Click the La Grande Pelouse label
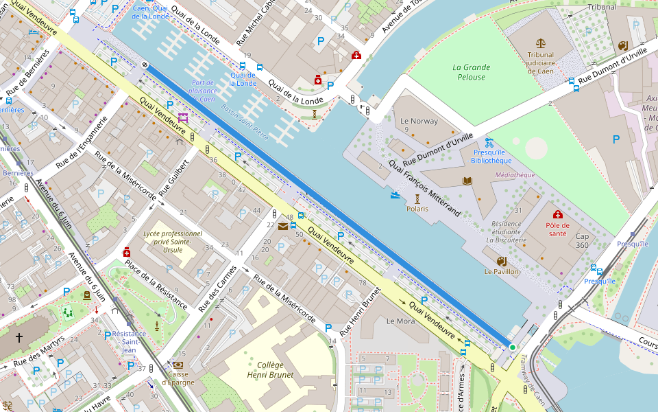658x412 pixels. click(472, 72)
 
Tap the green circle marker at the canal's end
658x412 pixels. click(512, 347)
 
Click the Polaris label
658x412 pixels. click(417, 209)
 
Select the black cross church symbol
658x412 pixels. click(19, 338)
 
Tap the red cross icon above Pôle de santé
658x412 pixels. click(557, 214)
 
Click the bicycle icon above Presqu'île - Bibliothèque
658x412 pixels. click(489, 143)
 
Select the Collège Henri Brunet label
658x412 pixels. click(270, 370)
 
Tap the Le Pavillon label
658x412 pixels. click(502, 272)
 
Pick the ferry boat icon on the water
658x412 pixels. click(395, 195)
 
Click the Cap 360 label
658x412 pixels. click(582, 240)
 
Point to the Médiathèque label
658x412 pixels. click(515, 175)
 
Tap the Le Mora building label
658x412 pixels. click(401, 321)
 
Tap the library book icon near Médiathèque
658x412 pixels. click(468, 181)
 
